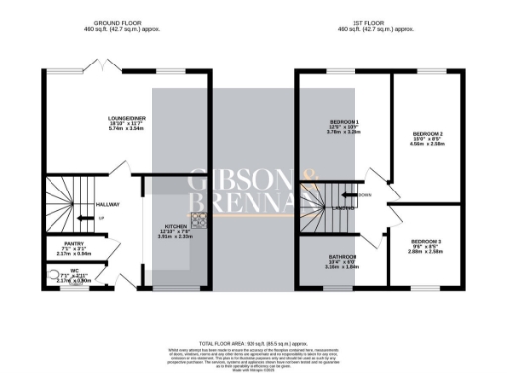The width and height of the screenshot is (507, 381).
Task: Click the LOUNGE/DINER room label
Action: [x=127, y=118]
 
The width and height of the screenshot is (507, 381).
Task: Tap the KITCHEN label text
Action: [x=176, y=227]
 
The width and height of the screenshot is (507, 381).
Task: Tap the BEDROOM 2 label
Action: [x=427, y=133]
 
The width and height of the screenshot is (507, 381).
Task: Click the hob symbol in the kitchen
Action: [x=198, y=221]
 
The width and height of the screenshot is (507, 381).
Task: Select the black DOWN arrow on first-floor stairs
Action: [x=354, y=196]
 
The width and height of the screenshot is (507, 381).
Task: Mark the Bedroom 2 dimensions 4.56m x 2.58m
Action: [x=427, y=145]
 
